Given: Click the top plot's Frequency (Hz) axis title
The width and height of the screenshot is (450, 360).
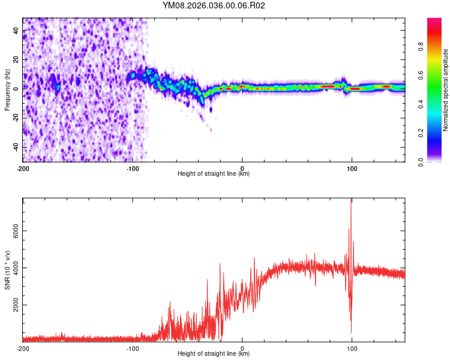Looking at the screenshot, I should pos(7,90).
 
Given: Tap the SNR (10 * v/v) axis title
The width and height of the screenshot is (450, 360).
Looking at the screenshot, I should pos(7,269).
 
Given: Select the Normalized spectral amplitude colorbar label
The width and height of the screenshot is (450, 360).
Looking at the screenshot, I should pos(445,90).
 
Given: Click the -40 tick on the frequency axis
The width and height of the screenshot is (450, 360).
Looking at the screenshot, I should pos(16,148).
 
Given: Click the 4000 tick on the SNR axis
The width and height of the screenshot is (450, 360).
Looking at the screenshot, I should pos(16,268).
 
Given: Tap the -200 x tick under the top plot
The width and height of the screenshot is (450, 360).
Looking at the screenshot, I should pos(23,168).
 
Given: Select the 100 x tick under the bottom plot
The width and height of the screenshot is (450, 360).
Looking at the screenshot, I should pos(352,348).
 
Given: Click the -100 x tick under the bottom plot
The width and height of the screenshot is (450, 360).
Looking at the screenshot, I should pos(133,348).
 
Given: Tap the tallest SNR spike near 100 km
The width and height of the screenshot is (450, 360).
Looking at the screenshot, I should pos(351,200).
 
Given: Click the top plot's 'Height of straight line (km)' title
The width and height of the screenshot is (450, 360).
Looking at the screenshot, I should pos(214,174).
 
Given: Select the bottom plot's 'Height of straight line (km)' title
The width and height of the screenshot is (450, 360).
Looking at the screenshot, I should pos(214,354).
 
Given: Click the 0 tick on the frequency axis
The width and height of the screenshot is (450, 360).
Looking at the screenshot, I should pos(16,88).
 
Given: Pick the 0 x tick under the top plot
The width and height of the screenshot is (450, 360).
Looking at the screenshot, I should pos(242,168).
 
